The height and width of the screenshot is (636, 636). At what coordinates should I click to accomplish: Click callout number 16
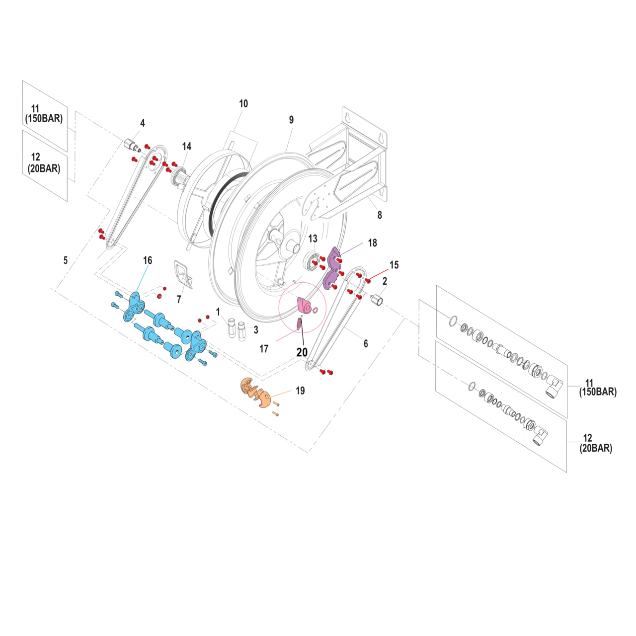point(148,260)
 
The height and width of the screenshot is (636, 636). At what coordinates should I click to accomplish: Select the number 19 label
point(300,391)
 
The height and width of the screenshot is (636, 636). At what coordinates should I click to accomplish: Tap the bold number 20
point(302,352)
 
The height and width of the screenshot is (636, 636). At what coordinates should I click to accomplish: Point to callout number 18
point(373,243)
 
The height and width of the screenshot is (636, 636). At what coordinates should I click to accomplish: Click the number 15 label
point(394,265)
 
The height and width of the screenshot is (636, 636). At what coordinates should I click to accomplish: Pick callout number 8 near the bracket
point(380,215)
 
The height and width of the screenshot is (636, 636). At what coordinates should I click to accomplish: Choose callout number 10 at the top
point(243,103)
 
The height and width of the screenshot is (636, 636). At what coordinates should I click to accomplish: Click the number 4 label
point(143,123)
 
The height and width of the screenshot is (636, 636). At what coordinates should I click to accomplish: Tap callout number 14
point(187,146)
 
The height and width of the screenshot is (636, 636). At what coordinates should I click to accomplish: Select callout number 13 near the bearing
point(313,238)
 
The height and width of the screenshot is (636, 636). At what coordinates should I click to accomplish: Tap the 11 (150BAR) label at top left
point(44,114)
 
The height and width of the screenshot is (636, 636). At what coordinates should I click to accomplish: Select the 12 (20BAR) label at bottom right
point(595,443)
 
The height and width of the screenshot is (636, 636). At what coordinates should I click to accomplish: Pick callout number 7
point(179,300)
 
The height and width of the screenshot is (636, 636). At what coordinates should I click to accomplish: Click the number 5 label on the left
point(65,260)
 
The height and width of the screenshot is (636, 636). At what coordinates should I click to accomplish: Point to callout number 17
point(264,349)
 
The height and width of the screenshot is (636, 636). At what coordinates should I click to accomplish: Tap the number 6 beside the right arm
point(366,343)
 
